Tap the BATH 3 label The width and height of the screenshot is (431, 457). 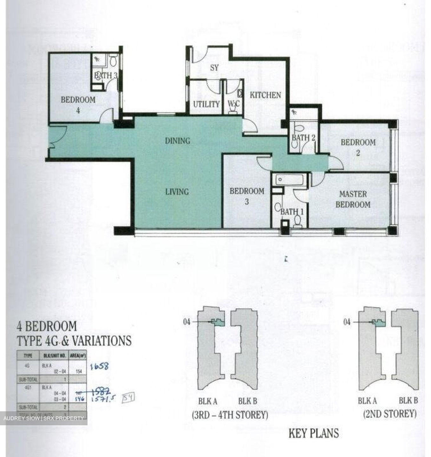pyautogui.click(x=106, y=76)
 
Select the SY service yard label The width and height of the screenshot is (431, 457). pyautogui.click(x=214, y=68)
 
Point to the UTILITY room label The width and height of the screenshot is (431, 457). pyautogui.click(x=206, y=104)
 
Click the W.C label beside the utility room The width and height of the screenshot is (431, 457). pyautogui.click(x=234, y=104)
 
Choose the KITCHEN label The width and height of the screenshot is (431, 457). pyautogui.click(x=265, y=95)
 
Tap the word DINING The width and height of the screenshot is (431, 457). pyautogui.click(x=177, y=141)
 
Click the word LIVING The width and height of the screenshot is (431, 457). pyautogui.click(x=177, y=192)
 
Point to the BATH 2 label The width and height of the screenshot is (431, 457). pyautogui.click(x=303, y=138)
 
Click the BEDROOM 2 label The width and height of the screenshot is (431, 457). pyautogui.click(x=358, y=147)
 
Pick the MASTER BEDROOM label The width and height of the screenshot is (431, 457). pyautogui.click(x=353, y=199)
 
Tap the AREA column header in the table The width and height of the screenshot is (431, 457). pyautogui.click(x=78, y=356)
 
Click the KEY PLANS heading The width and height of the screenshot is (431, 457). pyautogui.click(x=313, y=434)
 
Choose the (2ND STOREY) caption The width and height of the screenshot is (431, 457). pyautogui.click(x=390, y=414)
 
